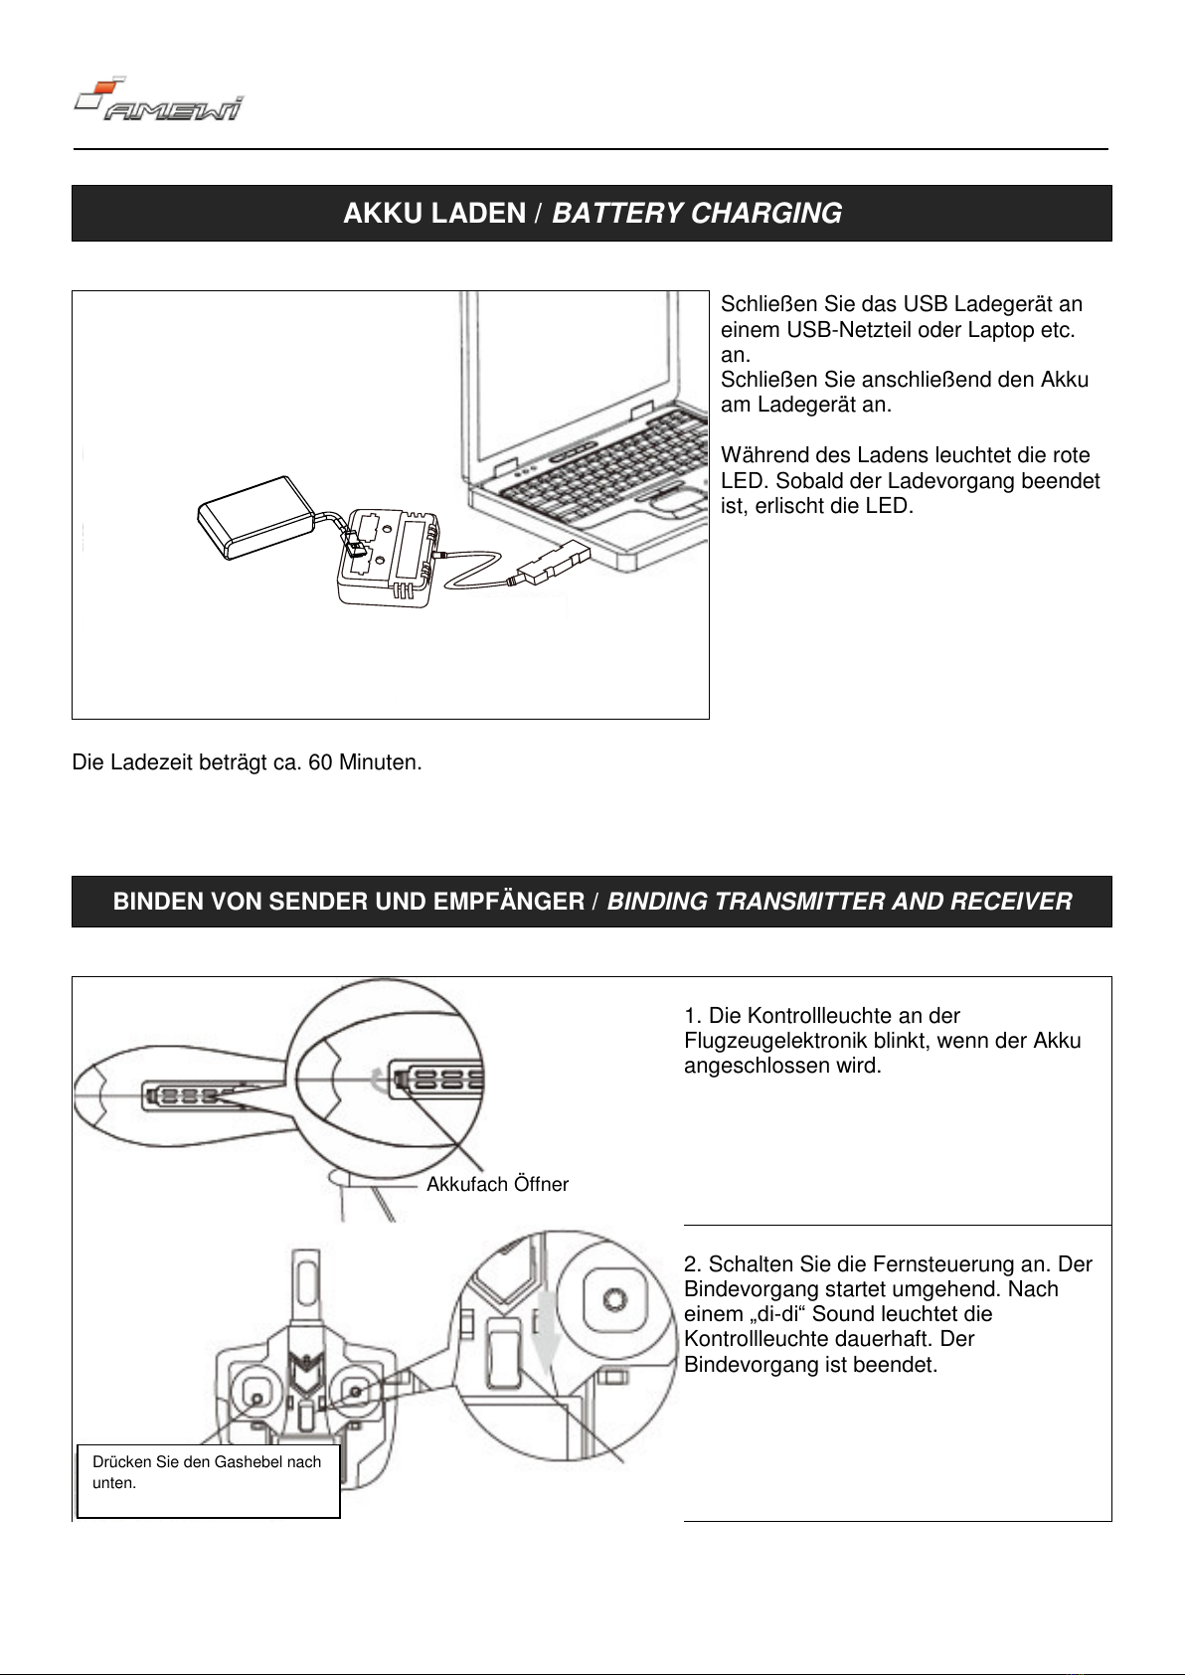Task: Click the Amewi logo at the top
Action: pos(159,100)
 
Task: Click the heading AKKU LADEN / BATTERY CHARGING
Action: pos(592,214)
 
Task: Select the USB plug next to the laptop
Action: pos(552,568)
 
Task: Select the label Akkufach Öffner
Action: pos(497,1184)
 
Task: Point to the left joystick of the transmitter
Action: pos(256,1397)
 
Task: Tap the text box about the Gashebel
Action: pos(208,1480)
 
